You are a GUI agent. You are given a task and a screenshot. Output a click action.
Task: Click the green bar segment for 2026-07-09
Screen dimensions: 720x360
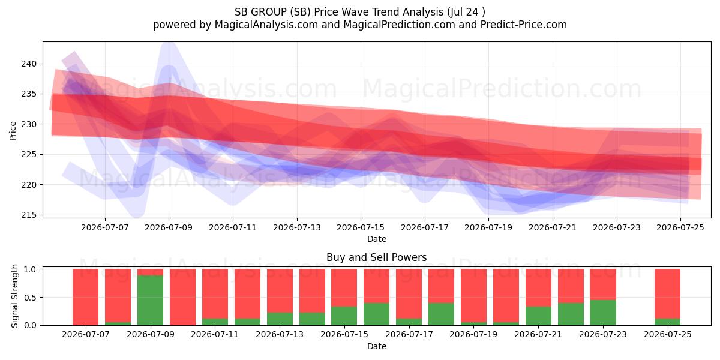coord(150,300)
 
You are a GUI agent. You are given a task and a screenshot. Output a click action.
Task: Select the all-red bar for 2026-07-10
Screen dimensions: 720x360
coord(182,297)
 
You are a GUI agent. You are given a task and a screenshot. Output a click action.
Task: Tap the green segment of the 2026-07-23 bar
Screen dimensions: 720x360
coord(603,313)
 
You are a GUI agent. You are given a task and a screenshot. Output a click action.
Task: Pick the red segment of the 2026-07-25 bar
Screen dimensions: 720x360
coord(668,293)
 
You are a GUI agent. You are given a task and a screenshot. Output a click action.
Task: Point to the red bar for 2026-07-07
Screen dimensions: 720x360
coord(85,297)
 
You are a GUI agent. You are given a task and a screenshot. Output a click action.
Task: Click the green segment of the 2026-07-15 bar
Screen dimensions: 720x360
coord(344,316)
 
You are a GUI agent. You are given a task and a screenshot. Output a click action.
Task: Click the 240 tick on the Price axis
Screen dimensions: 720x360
coord(29,64)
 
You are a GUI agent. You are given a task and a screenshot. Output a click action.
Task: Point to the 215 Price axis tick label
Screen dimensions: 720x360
coord(29,215)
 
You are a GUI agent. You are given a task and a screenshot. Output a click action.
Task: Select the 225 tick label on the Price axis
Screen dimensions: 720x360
coord(29,154)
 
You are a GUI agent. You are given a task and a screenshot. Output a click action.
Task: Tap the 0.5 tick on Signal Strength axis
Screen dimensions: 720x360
coord(30,298)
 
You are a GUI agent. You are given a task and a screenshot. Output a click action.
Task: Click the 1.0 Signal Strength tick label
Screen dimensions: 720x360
coord(30,269)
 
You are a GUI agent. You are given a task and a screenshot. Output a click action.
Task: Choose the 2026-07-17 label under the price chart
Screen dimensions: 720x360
coord(425,227)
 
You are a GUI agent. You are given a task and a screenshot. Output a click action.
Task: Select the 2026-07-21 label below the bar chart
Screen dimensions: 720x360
coord(538,334)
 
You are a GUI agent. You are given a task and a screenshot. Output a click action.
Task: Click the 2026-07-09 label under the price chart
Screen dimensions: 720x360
coord(169,227)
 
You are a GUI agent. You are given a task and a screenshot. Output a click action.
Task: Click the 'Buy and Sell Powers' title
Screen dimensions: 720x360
coord(376,257)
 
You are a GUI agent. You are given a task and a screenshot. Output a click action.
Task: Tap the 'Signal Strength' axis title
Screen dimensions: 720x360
coord(14,296)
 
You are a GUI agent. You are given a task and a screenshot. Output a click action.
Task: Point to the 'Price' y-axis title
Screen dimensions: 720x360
coord(13,131)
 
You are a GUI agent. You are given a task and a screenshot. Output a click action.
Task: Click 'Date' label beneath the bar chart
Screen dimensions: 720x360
coord(377,346)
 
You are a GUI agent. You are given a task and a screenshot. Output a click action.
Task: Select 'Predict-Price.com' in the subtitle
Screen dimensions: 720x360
coord(524,25)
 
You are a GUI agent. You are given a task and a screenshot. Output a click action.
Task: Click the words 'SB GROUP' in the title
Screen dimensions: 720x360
coord(260,12)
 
